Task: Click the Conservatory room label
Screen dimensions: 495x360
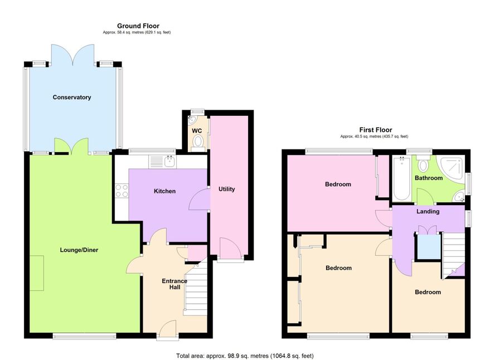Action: [72, 97]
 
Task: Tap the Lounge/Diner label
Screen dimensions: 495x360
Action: [79, 250]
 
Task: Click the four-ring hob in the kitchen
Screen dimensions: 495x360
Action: [122, 190]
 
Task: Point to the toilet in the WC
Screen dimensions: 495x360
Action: [198, 143]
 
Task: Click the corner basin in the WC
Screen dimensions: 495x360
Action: [192, 120]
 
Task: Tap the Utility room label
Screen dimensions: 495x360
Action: [227, 189]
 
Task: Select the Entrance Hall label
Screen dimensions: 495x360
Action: [174, 284]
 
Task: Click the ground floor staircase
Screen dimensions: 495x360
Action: [196, 290]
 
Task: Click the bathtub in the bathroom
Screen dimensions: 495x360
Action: [402, 178]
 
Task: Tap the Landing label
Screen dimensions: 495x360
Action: [428, 211]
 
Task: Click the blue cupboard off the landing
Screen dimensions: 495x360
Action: [429, 246]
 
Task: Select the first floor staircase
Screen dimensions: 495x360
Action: [453, 255]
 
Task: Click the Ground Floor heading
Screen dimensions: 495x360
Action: [138, 26]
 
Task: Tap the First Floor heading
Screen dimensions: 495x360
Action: [376, 130]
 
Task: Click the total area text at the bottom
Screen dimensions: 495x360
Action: [245, 356]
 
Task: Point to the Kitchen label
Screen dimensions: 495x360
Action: [164, 191]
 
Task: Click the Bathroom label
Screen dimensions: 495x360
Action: [429, 178]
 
